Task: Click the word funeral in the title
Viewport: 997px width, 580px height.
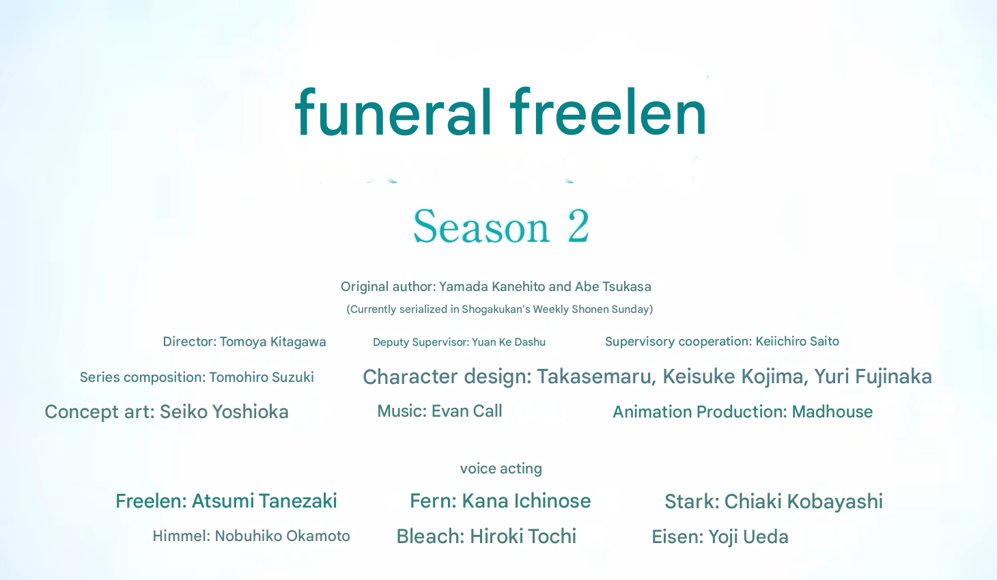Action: [393, 111]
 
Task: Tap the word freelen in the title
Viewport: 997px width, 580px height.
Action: [608, 111]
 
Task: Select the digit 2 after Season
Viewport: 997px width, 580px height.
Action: [578, 226]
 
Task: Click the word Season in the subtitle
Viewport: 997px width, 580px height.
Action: [481, 226]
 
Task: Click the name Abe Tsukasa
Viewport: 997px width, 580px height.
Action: [613, 287]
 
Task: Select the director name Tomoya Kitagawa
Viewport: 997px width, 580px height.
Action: [273, 342]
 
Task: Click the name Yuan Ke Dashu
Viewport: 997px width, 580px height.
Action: [509, 342]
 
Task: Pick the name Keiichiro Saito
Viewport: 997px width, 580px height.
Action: [797, 342]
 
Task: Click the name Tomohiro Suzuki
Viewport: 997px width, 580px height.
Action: [262, 378]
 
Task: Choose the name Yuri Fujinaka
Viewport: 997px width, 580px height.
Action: [873, 376]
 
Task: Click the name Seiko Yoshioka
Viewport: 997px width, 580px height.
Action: [224, 412]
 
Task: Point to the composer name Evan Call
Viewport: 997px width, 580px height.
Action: [467, 411]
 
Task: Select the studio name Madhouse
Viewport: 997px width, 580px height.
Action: [832, 412]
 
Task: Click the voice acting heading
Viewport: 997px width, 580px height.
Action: [501, 469]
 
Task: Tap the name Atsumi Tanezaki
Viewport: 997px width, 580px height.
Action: [264, 501]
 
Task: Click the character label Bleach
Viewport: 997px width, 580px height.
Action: [430, 536]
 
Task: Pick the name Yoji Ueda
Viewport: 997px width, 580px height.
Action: [748, 537]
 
